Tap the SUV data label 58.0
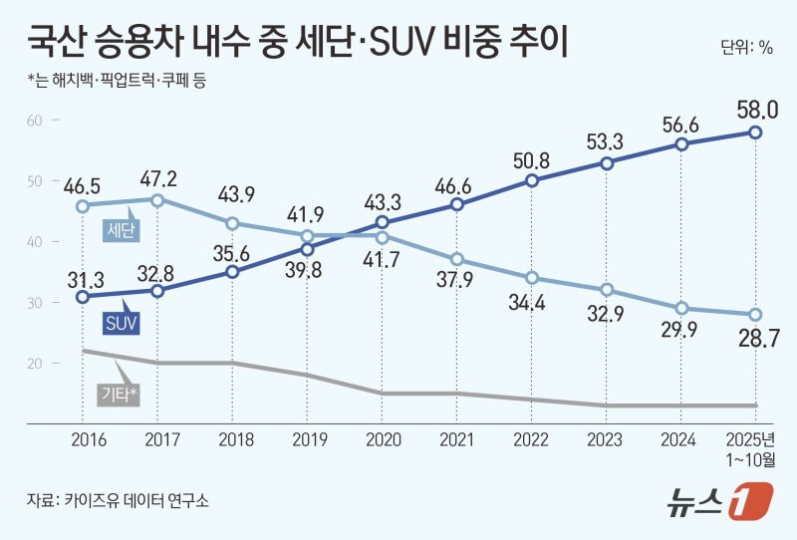click(756, 109)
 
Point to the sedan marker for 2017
click(157, 199)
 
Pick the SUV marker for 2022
click(532, 180)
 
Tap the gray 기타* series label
click(120, 394)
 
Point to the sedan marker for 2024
click(681, 309)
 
